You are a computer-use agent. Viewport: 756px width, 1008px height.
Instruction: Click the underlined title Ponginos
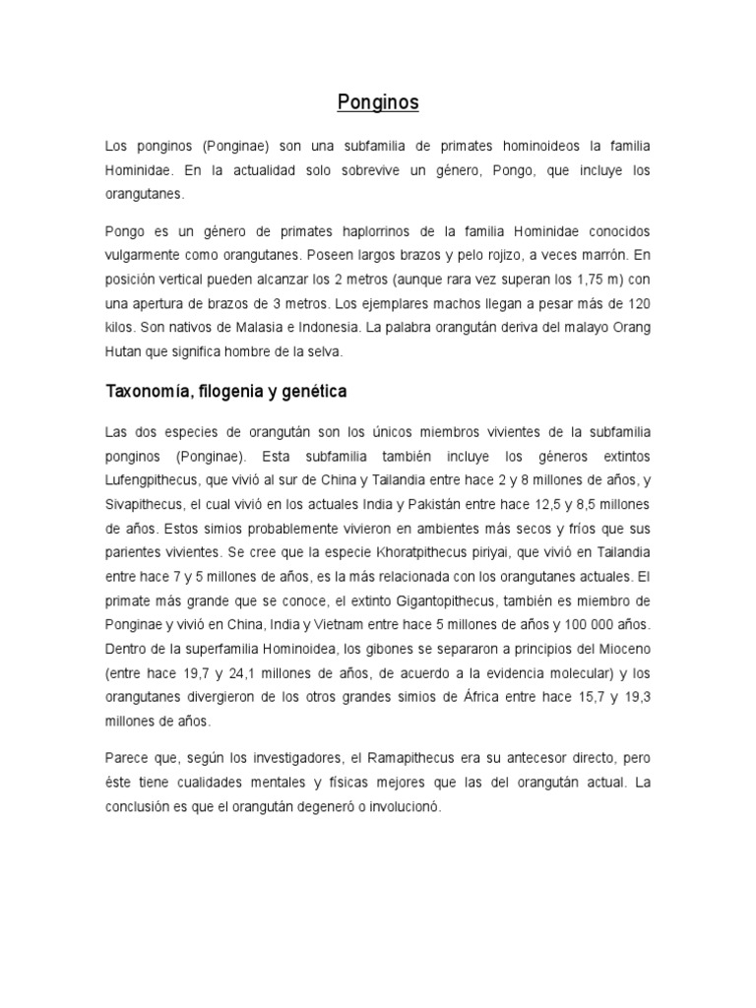[378, 101]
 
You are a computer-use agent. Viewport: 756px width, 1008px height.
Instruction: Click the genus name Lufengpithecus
[157, 479]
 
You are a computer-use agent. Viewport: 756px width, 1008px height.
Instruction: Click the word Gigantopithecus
[431, 601]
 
